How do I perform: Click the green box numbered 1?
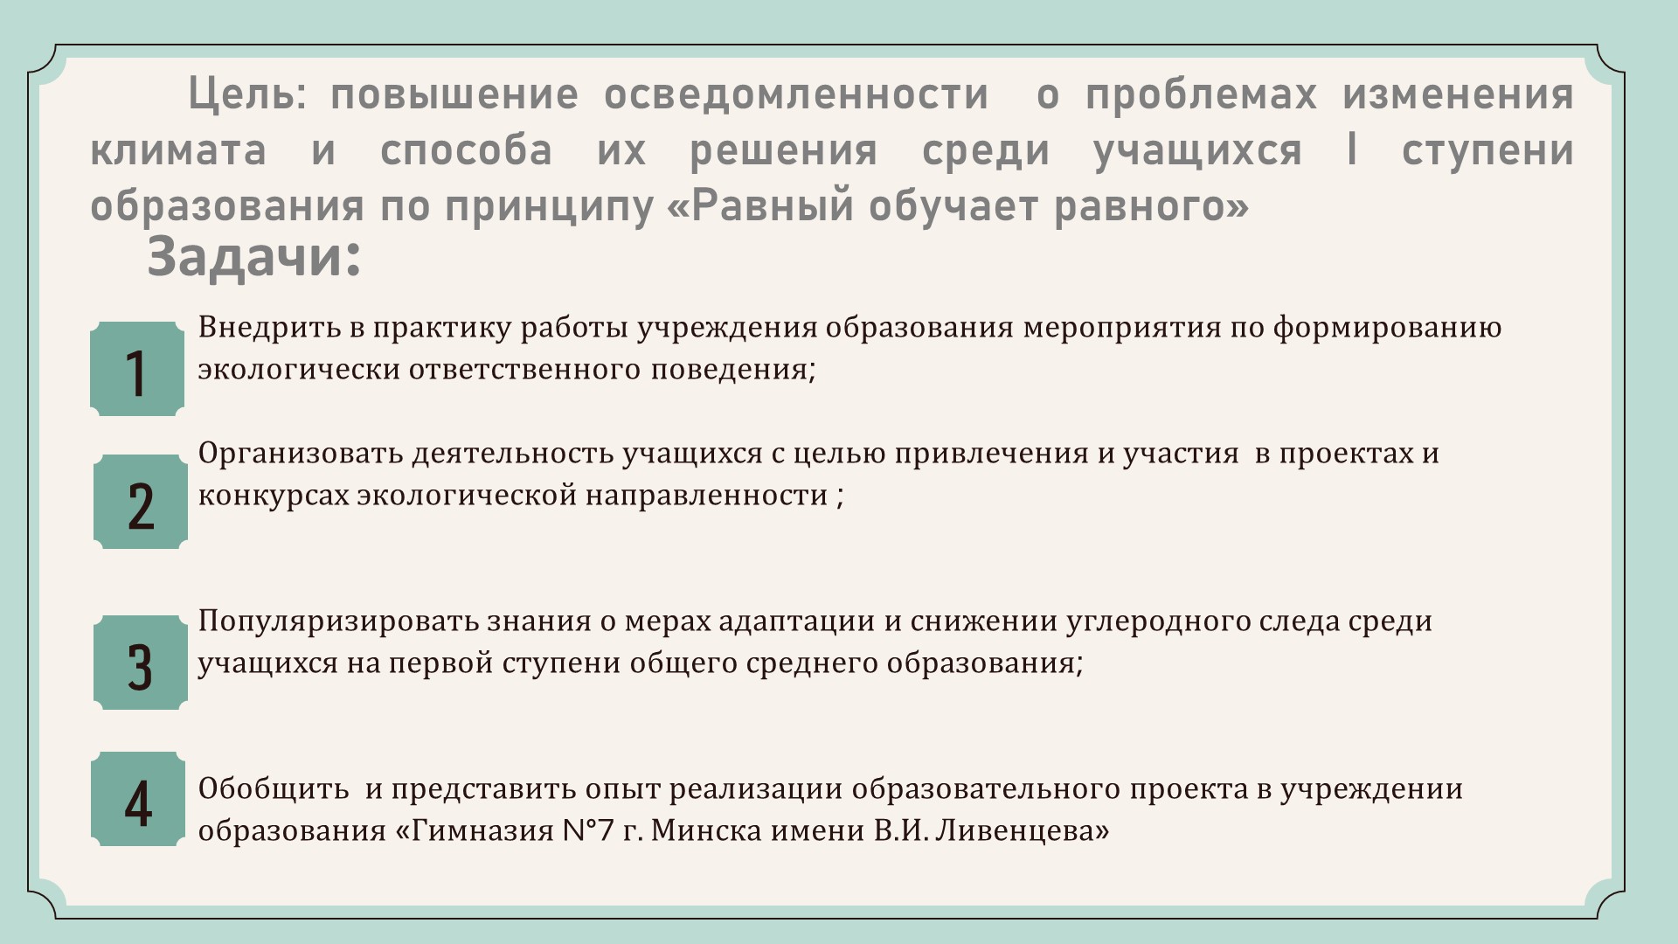pos(137,368)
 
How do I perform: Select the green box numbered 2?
pos(141,502)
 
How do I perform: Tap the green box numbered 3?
pos(141,663)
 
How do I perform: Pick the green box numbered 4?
pos(138,799)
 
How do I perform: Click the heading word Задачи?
pos(253,258)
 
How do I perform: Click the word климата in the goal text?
pos(178,149)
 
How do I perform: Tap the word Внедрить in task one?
pos(268,328)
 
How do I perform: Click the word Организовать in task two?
pos(301,454)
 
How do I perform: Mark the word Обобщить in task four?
pos(274,788)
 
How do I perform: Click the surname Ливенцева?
pos(1022,830)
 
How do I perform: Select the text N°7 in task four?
pos(585,830)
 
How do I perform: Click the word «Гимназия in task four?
pos(471,830)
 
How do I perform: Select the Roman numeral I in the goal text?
pos(1352,149)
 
